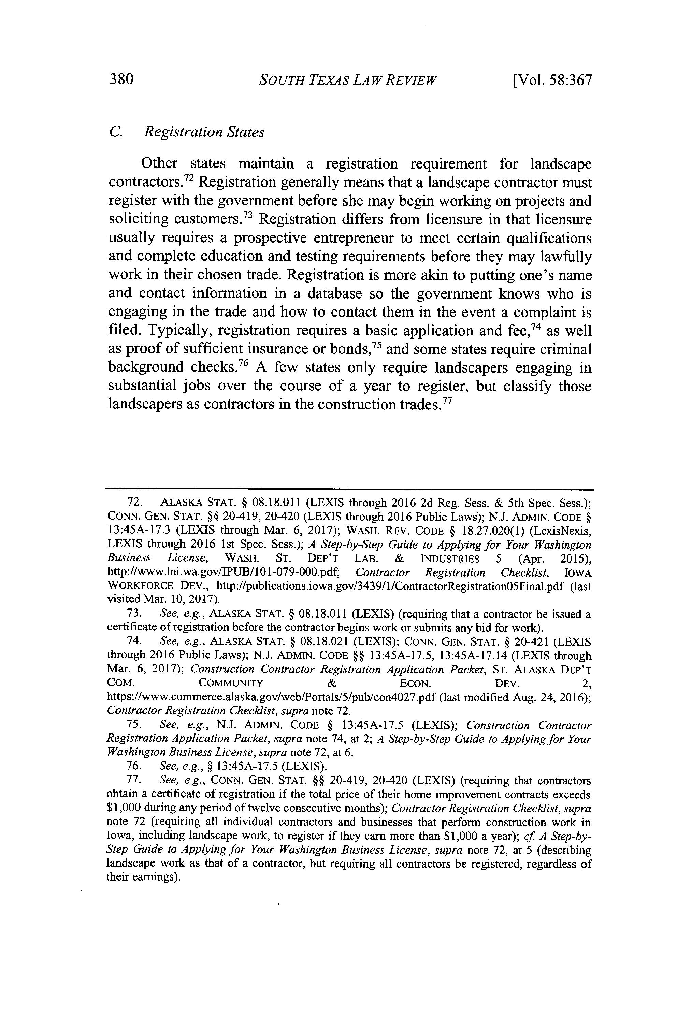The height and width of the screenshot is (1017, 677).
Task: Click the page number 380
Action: click(123, 79)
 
